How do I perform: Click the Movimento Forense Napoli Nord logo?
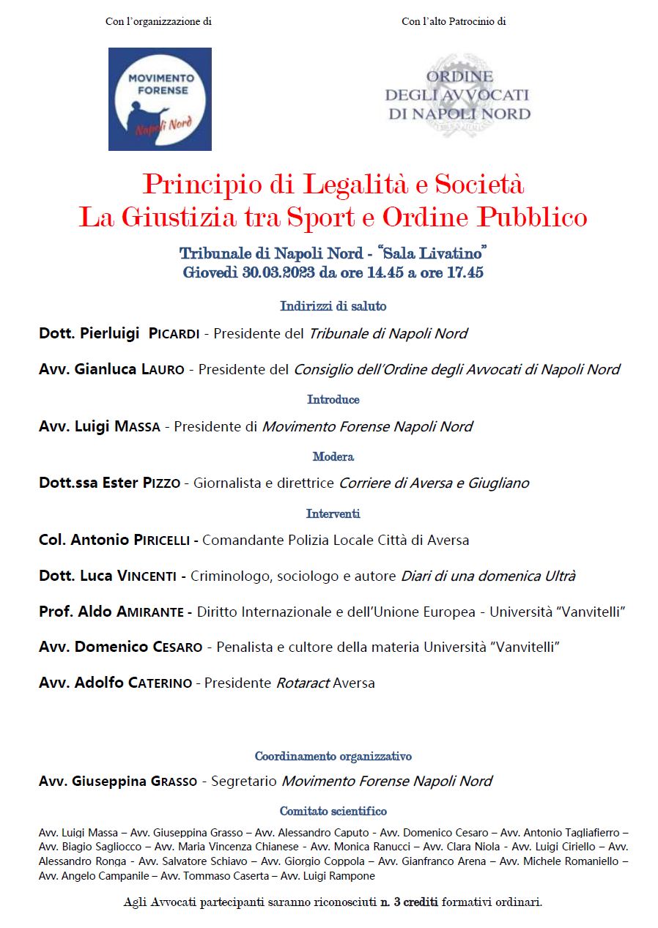[160, 99]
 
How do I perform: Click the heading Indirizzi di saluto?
[333, 306]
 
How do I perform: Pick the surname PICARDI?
[174, 334]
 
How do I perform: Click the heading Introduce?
[333, 400]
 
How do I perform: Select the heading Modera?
[333, 457]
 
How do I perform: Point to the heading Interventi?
[333, 514]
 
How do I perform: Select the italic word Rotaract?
[302, 683]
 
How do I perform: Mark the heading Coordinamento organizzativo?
[333, 756]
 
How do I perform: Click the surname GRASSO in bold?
[174, 782]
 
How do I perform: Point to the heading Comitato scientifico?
[333, 812]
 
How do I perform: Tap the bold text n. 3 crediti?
[409, 902]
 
